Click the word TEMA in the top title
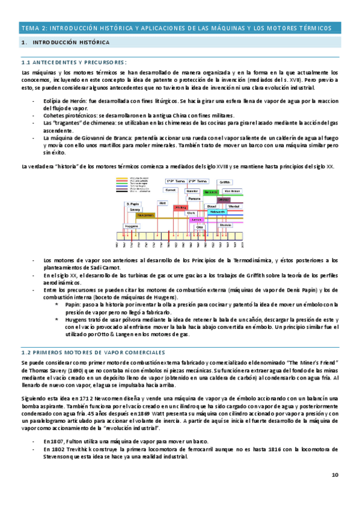click(29, 28)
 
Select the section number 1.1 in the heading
click(26, 62)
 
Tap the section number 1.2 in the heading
click(26, 352)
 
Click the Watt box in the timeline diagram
click(161, 203)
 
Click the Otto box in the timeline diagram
click(200, 227)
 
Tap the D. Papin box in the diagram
click(133, 204)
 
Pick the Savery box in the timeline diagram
click(135, 209)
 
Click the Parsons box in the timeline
click(194, 198)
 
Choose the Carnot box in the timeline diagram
click(171, 189)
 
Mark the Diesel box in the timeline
click(212, 205)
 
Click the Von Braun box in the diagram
click(234, 191)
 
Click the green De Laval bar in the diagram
click(210, 191)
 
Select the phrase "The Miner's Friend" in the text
click(308, 364)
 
